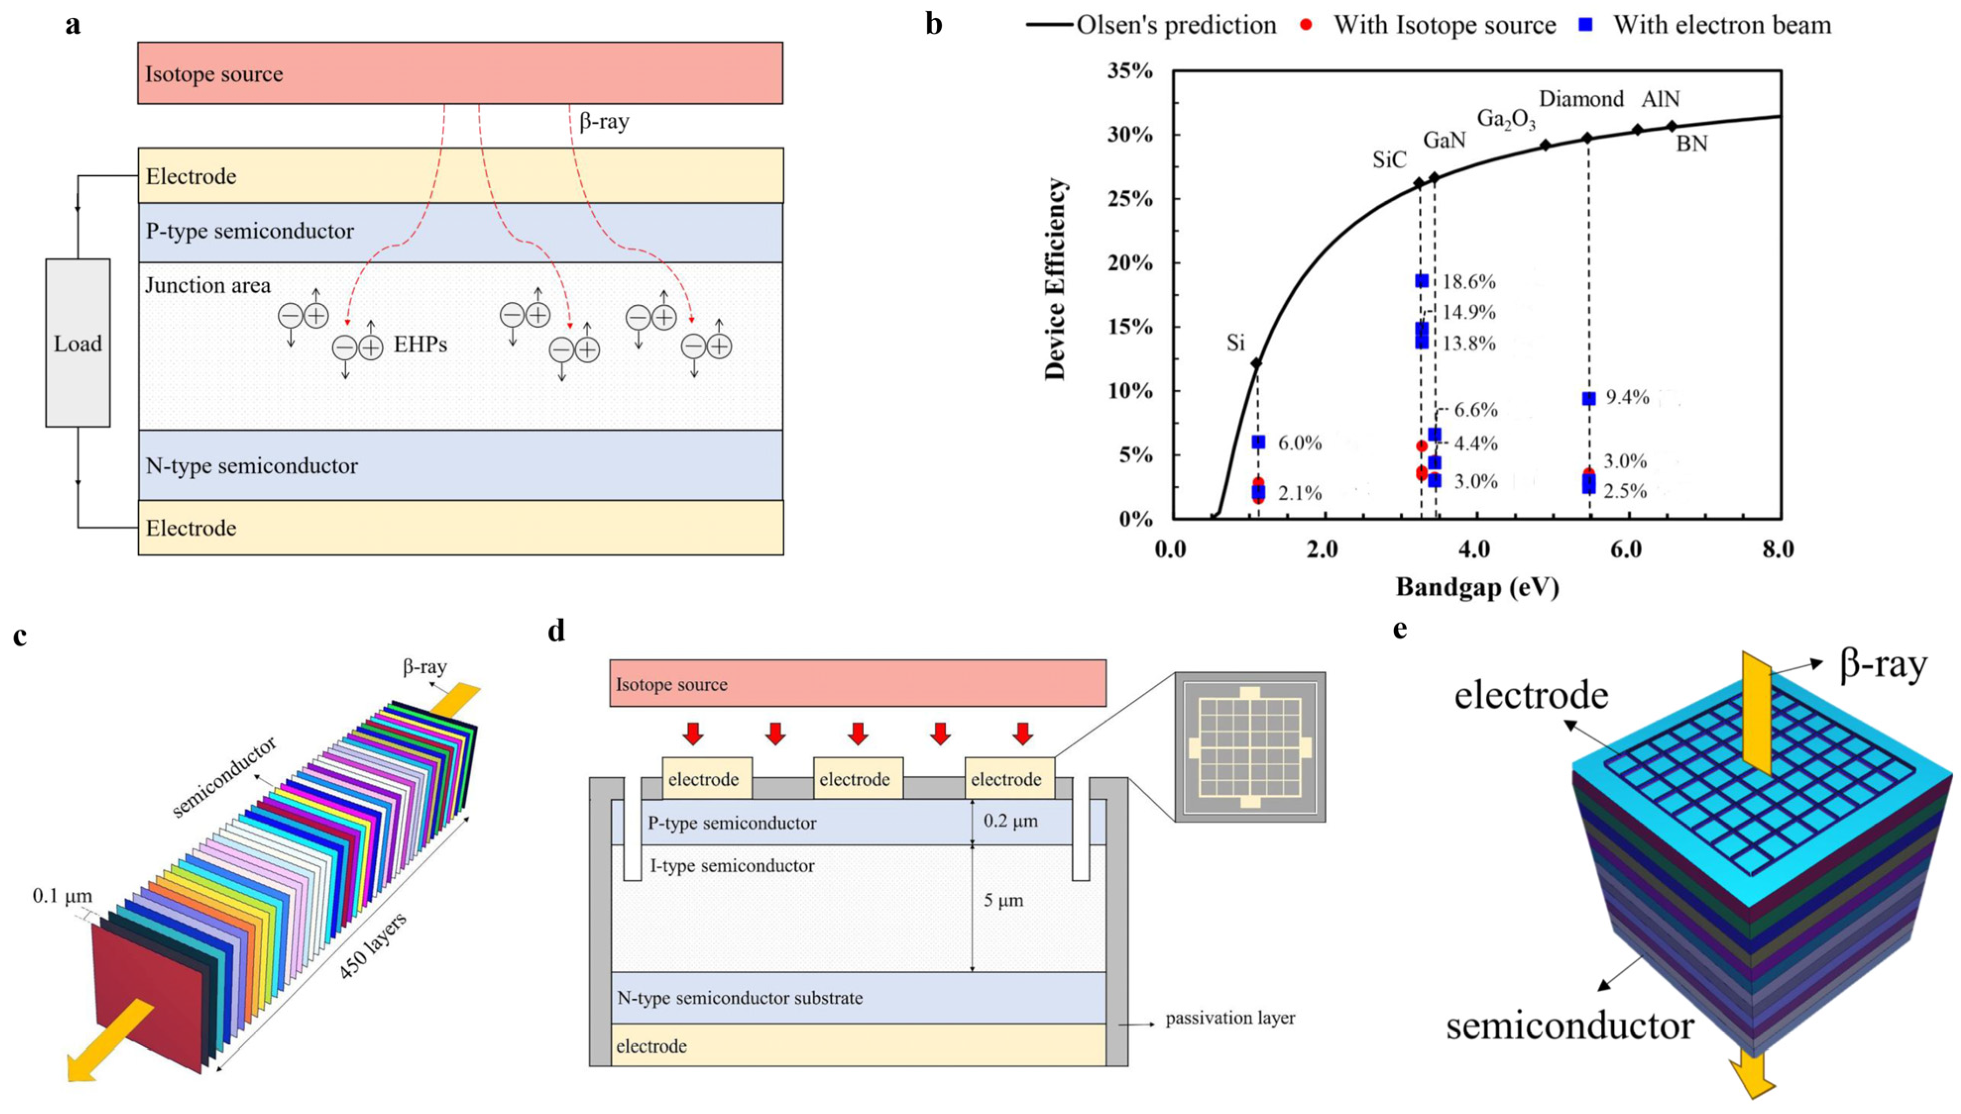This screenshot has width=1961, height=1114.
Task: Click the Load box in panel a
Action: [77, 343]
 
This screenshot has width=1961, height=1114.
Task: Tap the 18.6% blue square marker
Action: [1421, 281]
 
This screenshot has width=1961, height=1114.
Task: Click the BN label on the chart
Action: [1692, 144]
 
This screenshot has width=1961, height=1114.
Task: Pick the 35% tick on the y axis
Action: [1130, 71]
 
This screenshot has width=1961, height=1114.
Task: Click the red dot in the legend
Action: [1306, 24]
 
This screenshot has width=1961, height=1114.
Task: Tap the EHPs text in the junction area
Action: [420, 344]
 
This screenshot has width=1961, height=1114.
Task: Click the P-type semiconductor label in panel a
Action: [250, 231]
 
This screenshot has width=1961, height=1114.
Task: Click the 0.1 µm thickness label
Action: [62, 895]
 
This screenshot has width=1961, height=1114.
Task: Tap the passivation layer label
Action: [1230, 1018]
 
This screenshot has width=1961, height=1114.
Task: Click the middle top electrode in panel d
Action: [855, 779]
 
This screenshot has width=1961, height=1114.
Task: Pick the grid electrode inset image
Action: [1250, 747]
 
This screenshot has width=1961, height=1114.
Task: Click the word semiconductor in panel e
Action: [1569, 1026]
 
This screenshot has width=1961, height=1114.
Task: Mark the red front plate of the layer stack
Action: [146, 995]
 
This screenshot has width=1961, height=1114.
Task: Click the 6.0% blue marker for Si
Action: [1258, 442]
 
